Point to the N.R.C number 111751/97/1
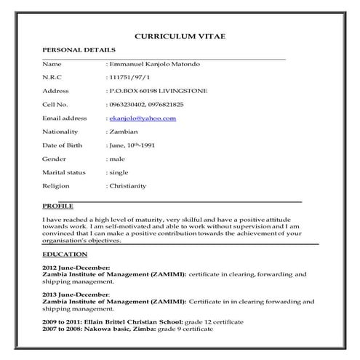(x=128, y=78)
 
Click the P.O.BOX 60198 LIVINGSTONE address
(x=156, y=91)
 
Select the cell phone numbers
(x=145, y=105)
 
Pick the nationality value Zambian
(x=124, y=132)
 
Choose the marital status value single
(x=119, y=172)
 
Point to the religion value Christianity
(x=128, y=185)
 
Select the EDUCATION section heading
(x=65, y=255)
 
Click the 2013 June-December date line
(x=76, y=295)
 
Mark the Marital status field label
(x=64, y=172)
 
